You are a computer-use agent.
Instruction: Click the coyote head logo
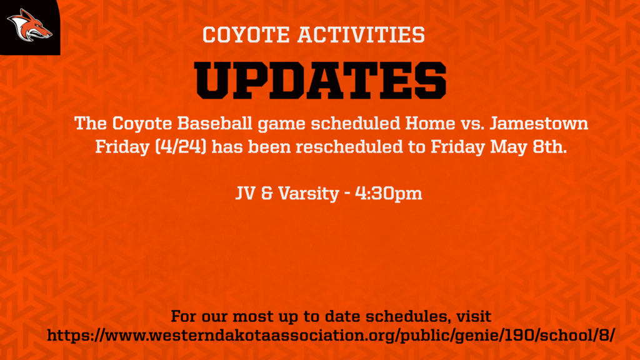pos(29,25)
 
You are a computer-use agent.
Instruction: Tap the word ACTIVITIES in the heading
pos(361,35)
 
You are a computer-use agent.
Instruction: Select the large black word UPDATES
pos(321,81)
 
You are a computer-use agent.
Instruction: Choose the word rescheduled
pos(349,146)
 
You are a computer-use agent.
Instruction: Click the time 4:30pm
pos(389,194)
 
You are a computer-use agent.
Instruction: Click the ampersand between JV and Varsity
pos(267,193)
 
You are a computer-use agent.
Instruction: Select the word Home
pos(430,123)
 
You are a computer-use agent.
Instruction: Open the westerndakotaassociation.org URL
pos(331,336)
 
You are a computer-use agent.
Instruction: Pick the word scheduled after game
pos(356,123)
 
